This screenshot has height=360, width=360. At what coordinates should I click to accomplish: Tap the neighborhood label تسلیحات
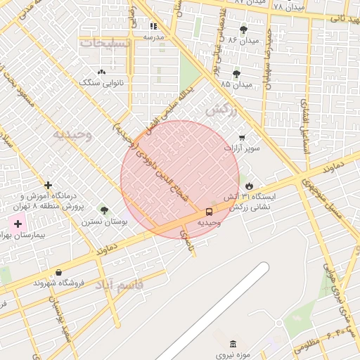(105, 44)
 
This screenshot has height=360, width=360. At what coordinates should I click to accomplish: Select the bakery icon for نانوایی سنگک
(101, 72)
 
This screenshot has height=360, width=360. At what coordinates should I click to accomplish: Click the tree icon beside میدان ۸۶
(244, 30)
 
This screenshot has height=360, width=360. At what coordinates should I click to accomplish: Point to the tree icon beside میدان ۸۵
(236, 73)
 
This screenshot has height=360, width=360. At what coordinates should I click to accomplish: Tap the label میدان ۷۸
(288, 6)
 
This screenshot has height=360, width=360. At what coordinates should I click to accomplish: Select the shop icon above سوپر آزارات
(242, 137)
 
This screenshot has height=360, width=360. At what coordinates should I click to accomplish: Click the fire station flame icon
(248, 184)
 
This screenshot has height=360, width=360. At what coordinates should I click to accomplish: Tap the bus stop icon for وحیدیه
(209, 211)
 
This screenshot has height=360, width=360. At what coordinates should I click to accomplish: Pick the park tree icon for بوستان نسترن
(105, 210)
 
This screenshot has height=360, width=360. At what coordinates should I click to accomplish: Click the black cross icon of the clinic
(48, 185)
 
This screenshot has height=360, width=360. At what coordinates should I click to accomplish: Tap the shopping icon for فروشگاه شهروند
(58, 272)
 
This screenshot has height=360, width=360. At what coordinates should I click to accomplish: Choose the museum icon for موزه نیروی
(233, 343)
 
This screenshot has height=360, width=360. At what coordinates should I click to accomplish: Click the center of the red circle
(180, 179)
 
